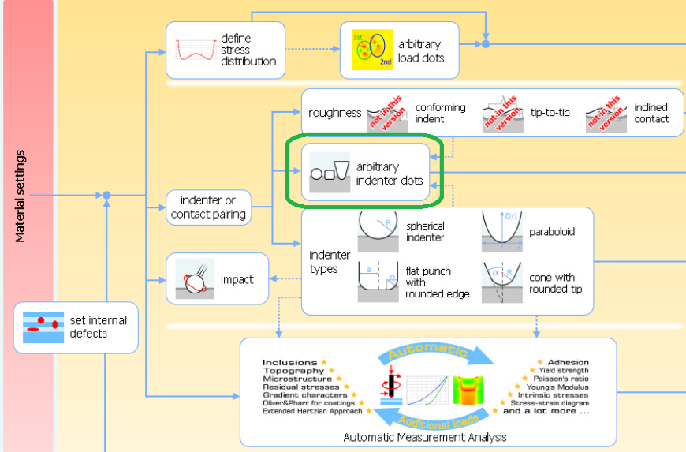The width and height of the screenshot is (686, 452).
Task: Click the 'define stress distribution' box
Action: (x=225, y=50)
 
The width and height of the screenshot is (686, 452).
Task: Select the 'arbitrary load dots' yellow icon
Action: (x=371, y=50)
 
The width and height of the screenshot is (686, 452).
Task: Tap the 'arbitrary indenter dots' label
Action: (x=389, y=174)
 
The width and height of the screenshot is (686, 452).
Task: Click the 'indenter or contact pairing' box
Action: (x=208, y=207)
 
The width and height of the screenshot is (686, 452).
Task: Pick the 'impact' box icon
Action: (x=194, y=279)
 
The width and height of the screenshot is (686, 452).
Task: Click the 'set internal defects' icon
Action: (x=43, y=327)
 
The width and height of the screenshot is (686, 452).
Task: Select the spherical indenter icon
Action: (x=378, y=230)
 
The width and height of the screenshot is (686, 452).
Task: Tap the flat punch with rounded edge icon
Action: (x=378, y=282)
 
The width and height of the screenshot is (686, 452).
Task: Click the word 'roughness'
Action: (x=334, y=114)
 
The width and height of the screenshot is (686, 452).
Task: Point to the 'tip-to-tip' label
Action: (x=550, y=113)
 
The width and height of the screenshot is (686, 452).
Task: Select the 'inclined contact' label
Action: (x=651, y=113)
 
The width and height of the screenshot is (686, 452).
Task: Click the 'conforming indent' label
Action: (x=440, y=113)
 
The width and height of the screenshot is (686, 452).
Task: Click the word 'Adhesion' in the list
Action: (x=568, y=363)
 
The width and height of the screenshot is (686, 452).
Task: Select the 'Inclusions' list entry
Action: (x=290, y=363)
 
